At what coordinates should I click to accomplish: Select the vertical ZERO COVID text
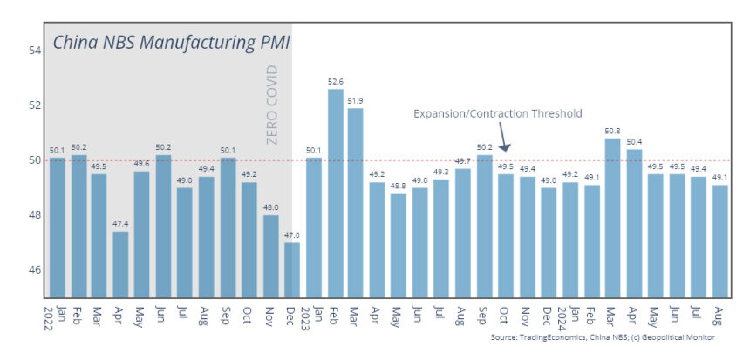(x=273, y=105)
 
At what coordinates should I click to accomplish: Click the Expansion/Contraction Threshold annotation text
(x=497, y=113)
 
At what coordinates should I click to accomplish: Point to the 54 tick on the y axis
(x=36, y=51)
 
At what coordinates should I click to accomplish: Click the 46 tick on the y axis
(x=36, y=269)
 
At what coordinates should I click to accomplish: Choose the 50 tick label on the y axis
(x=36, y=160)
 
